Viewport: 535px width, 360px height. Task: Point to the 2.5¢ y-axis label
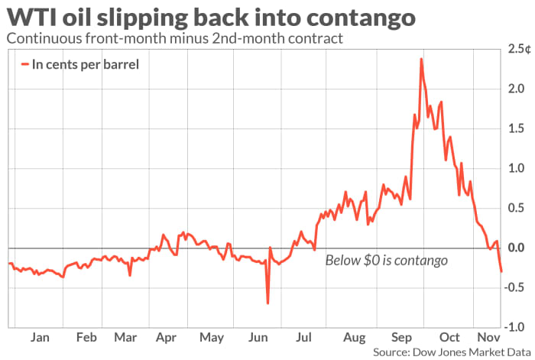(x=520, y=50)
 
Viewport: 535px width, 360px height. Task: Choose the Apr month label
(x=166, y=337)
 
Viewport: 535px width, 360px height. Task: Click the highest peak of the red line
(x=421, y=59)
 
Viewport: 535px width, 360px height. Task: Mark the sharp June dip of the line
(x=267, y=303)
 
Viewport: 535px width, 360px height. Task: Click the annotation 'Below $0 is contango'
(x=386, y=261)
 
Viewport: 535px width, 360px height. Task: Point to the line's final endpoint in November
(x=501, y=271)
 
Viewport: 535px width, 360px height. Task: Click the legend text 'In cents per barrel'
(x=85, y=64)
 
